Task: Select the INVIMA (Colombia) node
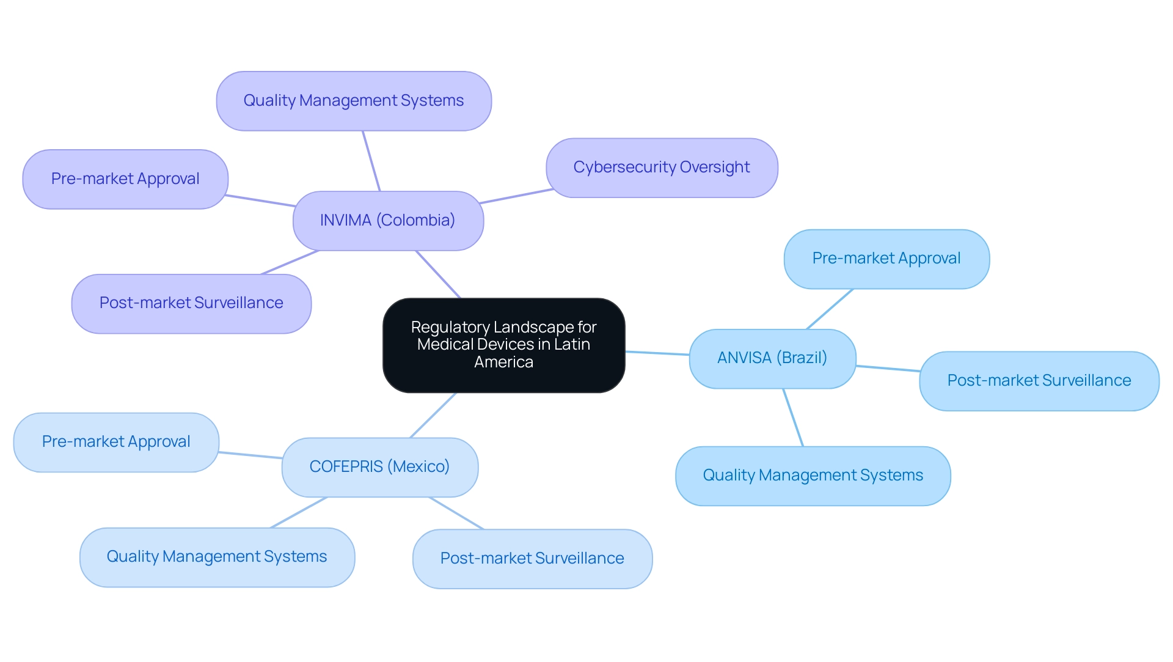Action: pyautogui.click(x=388, y=221)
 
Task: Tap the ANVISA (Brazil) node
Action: pyautogui.click(x=772, y=358)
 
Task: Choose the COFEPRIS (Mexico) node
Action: pyautogui.click(x=379, y=467)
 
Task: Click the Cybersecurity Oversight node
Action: pyautogui.click(x=662, y=167)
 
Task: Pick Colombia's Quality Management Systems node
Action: pyautogui.click(x=354, y=101)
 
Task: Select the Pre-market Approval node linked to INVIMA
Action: pyautogui.click(x=125, y=179)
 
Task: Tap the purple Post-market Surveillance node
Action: pyautogui.click(x=191, y=303)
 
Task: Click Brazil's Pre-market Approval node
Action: pyautogui.click(x=886, y=259)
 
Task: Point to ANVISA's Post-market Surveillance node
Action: pyautogui.click(x=1039, y=381)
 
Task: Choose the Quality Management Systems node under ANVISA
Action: pyautogui.click(x=813, y=476)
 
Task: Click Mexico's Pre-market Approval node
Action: pyautogui.click(x=116, y=442)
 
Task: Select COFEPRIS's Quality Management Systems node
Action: pyautogui.click(x=217, y=557)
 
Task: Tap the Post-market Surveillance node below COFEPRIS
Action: pyautogui.click(x=532, y=559)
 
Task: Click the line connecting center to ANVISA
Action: pyautogui.click(x=657, y=353)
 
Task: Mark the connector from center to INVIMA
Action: pyautogui.click(x=438, y=274)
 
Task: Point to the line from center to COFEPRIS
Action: pyautogui.click(x=433, y=415)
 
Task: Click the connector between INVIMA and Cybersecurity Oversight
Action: pyautogui.click(x=516, y=196)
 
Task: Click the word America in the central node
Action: pyautogui.click(x=503, y=362)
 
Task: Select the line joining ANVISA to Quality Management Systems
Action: pyautogui.click(x=793, y=417)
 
